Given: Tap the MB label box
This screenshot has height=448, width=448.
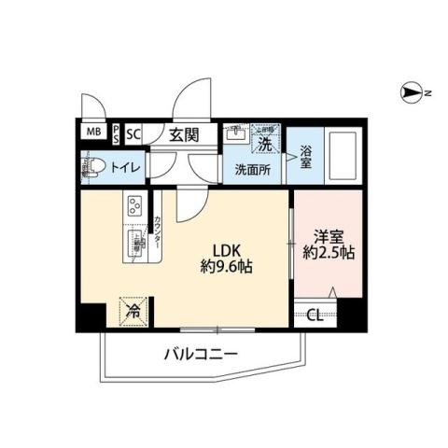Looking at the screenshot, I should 93,133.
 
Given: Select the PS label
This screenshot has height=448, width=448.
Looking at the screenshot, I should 115,133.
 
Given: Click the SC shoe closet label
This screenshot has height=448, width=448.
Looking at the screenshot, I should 133,133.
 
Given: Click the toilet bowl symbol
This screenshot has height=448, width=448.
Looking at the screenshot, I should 94,168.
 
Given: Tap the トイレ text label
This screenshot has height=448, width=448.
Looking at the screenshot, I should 126,168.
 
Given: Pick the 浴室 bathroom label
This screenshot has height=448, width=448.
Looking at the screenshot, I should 305,157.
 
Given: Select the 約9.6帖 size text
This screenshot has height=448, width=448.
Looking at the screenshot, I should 228,267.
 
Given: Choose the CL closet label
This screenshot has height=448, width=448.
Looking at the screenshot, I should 315,315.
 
